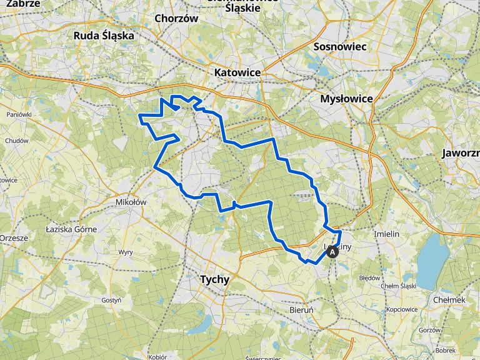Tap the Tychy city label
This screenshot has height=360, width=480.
[x=214, y=279]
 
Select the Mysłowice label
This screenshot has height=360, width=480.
[x=346, y=99]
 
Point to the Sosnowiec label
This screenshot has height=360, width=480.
[x=340, y=46]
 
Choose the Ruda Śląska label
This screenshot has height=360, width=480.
[x=104, y=36]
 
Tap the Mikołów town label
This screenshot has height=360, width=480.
[x=131, y=202]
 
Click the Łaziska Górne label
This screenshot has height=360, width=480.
[x=71, y=229]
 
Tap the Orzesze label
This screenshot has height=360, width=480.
[x=14, y=238]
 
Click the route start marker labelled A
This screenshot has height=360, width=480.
[x=332, y=252]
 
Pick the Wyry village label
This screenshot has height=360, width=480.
[x=126, y=252]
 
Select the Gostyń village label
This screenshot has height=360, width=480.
[x=111, y=300]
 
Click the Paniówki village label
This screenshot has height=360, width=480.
[x=19, y=114]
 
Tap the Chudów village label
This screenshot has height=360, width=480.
[x=17, y=141]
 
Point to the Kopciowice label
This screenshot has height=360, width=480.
[x=402, y=309]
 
